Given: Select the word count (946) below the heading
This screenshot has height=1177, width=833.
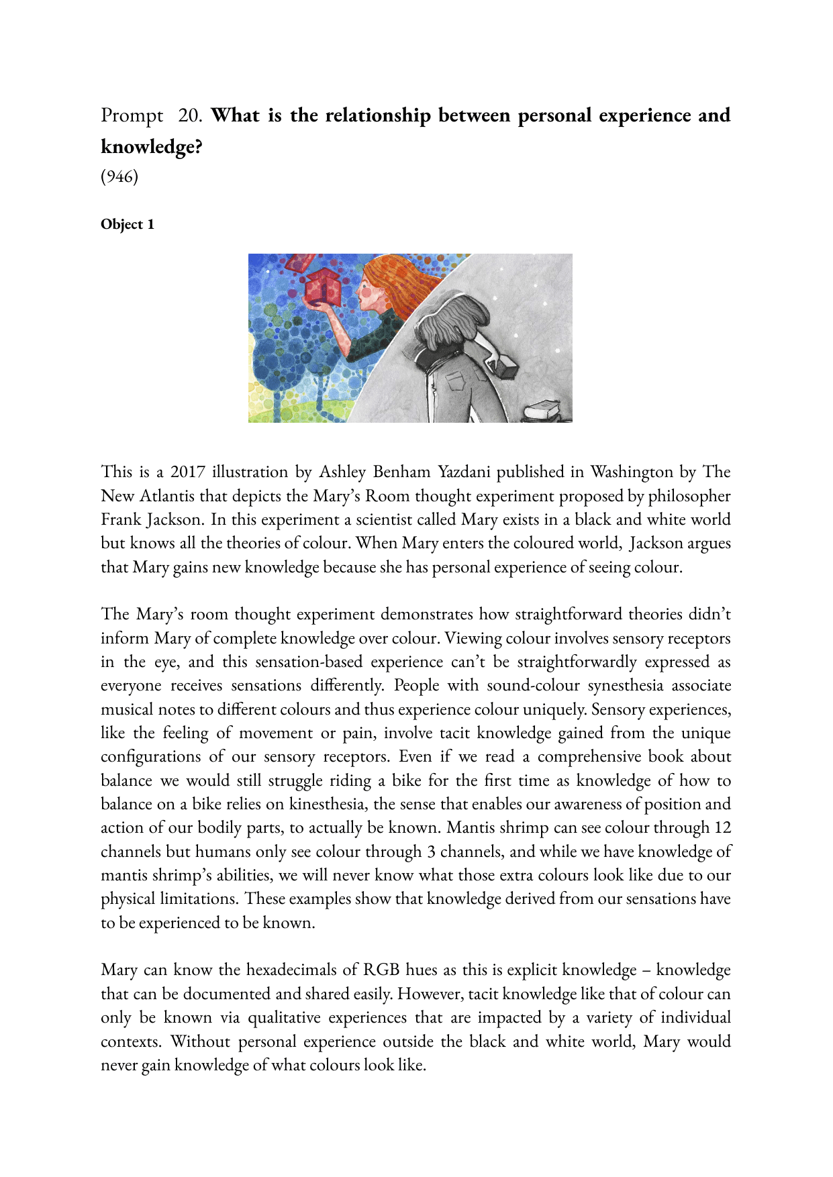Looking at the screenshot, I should [x=119, y=176].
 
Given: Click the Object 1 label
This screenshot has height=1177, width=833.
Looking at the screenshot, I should [x=128, y=224].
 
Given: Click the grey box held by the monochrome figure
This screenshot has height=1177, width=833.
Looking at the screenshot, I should [x=504, y=365].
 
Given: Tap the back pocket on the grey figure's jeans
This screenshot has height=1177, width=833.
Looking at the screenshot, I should [x=456, y=380].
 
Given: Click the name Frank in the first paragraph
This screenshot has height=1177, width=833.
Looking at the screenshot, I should [x=121, y=519].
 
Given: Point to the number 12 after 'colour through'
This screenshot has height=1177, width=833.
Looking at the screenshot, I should [x=722, y=827].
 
